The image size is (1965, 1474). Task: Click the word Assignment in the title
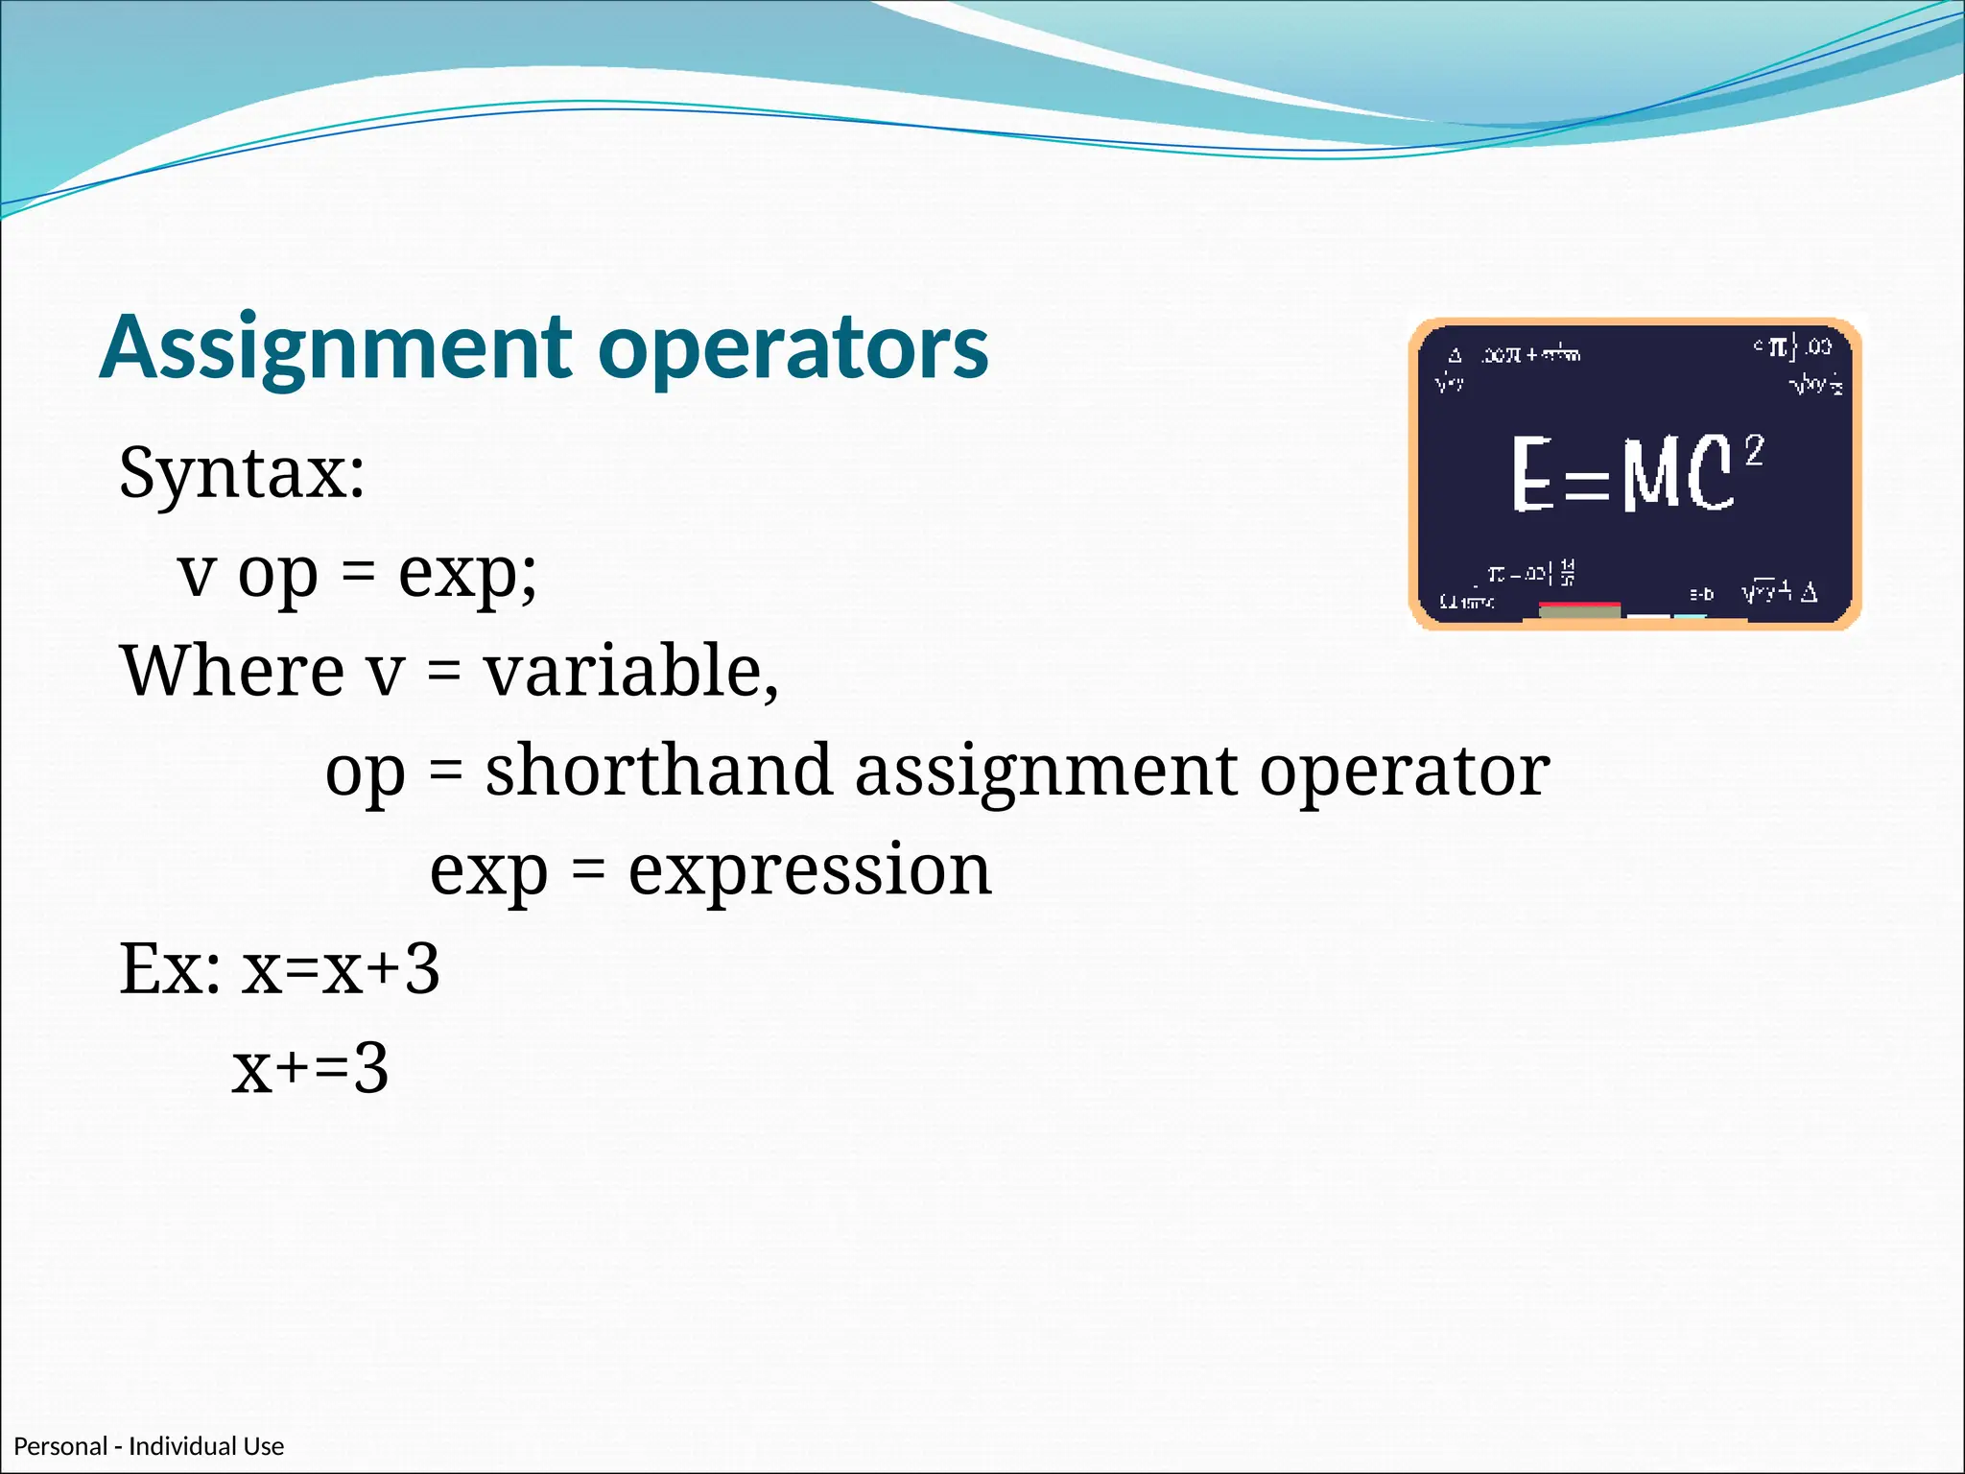coord(336,347)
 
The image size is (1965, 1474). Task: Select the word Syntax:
coord(242,472)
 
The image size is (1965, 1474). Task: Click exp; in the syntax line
coord(467,573)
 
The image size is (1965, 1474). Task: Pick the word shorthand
coord(658,770)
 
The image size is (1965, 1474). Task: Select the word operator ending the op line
coord(1404,772)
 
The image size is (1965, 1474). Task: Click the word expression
coord(810,869)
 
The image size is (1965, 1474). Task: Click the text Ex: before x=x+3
coord(169,968)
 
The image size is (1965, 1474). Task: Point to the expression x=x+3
coord(341,968)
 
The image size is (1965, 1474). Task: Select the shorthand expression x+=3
coord(310,1068)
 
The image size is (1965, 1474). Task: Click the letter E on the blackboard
coord(1532,473)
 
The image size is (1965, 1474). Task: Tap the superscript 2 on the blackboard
coord(1754,449)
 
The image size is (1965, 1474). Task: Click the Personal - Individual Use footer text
coord(149,1446)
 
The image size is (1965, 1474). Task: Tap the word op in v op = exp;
coord(277,575)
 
